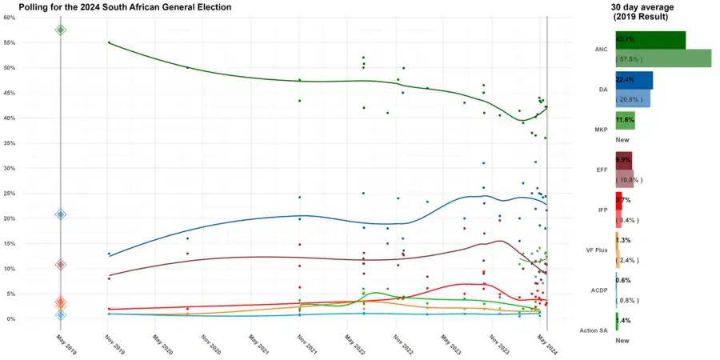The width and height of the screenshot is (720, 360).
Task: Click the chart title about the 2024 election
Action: click(x=125, y=7)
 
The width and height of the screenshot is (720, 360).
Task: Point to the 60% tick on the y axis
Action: click(x=9, y=18)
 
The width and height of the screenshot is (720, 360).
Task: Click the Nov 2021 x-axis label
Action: click(x=301, y=343)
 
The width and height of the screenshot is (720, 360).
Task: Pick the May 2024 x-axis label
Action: click(x=542, y=343)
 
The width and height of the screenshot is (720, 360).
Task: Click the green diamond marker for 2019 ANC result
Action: click(x=60, y=30)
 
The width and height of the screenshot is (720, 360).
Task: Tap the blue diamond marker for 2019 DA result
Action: click(x=60, y=214)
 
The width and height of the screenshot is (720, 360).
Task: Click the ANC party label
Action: click(x=602, y=50)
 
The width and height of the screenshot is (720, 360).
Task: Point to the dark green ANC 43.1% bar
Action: click(x=650, y=40)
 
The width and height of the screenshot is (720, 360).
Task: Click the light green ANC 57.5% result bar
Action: click(x=663, y=58)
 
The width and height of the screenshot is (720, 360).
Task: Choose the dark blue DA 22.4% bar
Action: click(x=634, y=80)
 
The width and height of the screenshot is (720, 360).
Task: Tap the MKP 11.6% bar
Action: click(x=625, y=120)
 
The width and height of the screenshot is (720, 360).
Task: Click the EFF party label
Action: click(x=602, y=170)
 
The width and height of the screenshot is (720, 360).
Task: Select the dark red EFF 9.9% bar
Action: click(x=623, y=160)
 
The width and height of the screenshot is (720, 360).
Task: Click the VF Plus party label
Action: click(x=598, y=250)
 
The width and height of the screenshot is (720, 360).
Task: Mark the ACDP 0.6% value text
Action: click(x=624, y=280)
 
